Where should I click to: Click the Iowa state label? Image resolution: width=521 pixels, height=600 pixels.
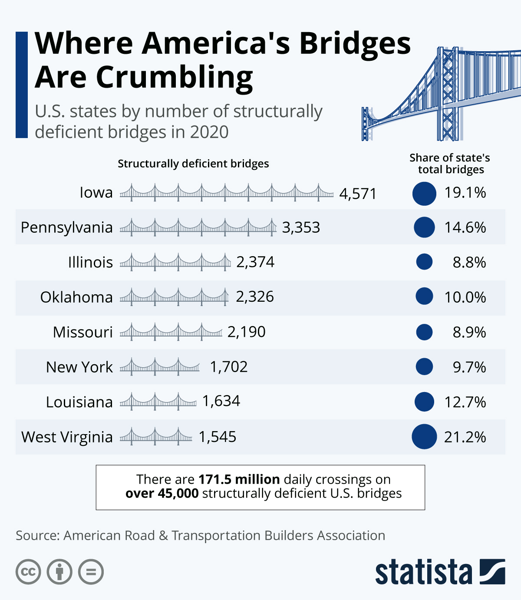(x=96, y=192)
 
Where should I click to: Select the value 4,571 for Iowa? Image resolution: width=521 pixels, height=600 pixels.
(x=358, y=193)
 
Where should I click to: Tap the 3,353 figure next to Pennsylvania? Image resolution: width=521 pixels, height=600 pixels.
(x=301, y=227)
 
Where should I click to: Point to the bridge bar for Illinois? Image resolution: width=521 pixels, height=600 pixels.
(x=175, y=262)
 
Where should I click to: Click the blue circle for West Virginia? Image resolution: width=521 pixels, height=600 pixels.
(x=424, y=436)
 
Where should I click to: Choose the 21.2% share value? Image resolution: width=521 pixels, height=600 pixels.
(x=465, y=437)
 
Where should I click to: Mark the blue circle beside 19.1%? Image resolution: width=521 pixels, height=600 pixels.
(x=424, y=193)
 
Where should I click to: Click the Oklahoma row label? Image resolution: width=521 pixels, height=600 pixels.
(x=76, y=297)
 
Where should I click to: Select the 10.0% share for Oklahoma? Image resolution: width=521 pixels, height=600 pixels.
(x=465, y=297)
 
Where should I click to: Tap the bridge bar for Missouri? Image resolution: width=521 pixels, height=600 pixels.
(x=171, y=332)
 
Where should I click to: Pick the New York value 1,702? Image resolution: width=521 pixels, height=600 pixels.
(x=229, y=367)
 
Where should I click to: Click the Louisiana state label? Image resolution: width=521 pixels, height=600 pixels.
(x=79, y=402)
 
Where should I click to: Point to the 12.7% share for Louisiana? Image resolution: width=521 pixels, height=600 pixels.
(x=465, y=402)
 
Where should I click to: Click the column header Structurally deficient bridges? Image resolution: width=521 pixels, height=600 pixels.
(x=193, y=164)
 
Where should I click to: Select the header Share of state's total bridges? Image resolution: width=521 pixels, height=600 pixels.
(x=450, y=164)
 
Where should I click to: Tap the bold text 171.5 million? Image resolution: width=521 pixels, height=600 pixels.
(x=239, y=479)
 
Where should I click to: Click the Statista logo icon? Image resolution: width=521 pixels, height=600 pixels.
(x=492, y=571)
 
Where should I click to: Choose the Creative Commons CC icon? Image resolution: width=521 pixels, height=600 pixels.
(x=28, y=571)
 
